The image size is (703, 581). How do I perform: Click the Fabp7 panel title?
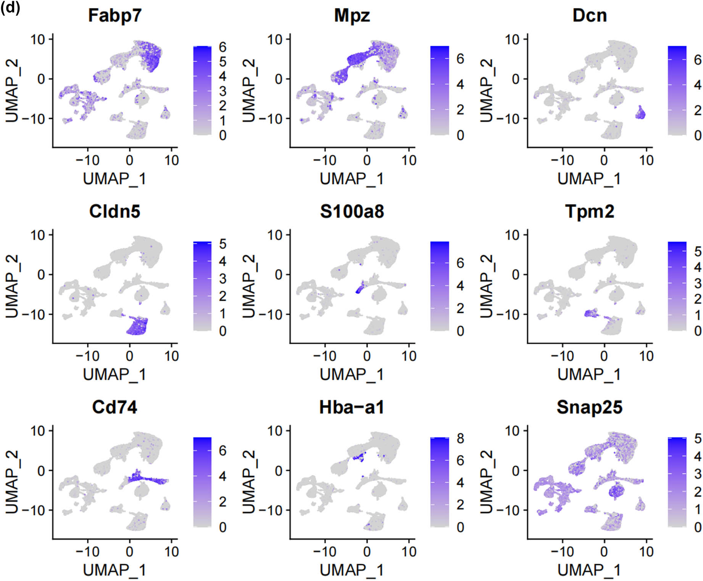click(x=114, y=16)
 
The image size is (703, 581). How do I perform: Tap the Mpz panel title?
click(x=352, y=16)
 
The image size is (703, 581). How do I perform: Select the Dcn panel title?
click(x=589, y=16)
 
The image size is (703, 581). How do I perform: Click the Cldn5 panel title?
click(x=114, y=211)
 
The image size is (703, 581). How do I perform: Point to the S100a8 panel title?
click(x=352, y=211)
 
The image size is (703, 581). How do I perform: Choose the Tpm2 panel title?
click(x=589, y=211)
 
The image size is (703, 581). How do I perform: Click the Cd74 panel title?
click(x=114, y=407)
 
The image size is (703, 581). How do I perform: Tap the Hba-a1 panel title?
click(x=352, y=407)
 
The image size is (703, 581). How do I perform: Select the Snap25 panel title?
click(x=589, y=407)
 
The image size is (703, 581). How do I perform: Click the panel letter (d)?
click(x=10, y=8)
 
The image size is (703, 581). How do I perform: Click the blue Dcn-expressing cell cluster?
click(x=640, y=113)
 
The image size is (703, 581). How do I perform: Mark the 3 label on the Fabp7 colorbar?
click(x=223, y=91)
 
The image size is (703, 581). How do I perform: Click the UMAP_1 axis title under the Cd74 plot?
click(x=114, y=570)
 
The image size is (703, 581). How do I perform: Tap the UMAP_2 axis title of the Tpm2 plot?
click(x=486, y=286)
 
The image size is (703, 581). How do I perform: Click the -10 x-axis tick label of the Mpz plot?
click(x=324, y=160)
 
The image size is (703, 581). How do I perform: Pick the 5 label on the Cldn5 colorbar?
click(x=223, y=244)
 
